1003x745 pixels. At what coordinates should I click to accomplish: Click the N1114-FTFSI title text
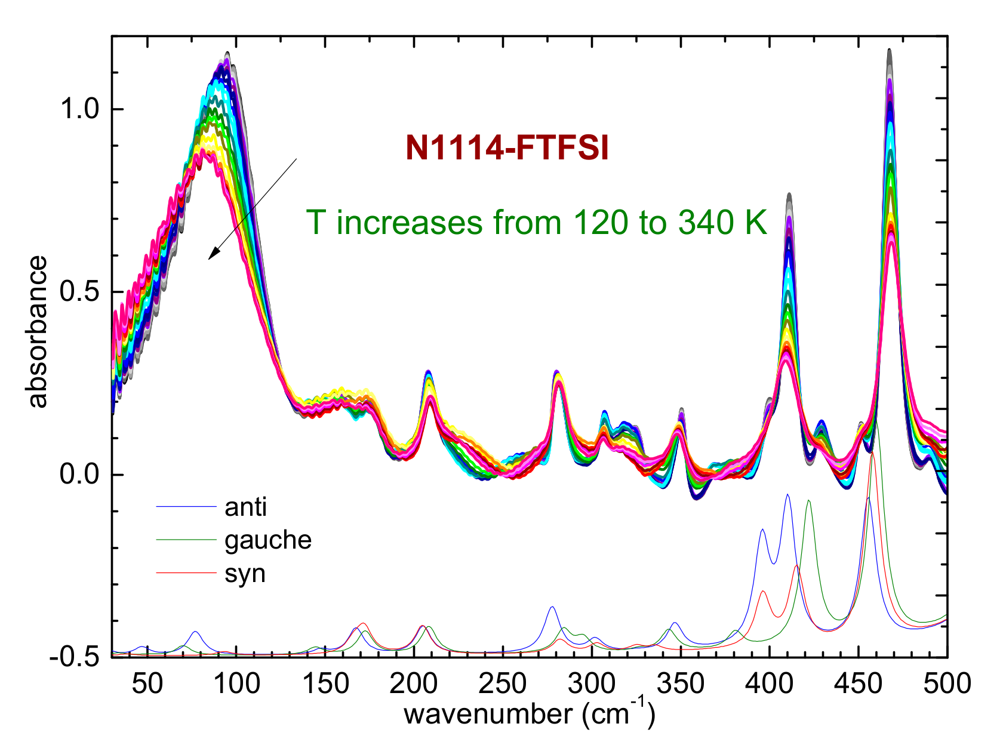(x=507, y=148)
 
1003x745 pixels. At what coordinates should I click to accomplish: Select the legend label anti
(x=245, y=507)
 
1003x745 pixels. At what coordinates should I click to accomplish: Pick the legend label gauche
(x=268, y=540)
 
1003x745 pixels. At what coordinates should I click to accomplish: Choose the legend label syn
(x=245, y=574)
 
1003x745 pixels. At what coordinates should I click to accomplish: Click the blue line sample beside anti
(x=186, y=507)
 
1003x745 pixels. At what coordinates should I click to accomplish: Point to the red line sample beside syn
(x=186, y=574)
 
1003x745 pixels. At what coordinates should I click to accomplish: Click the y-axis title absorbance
(x=37, y=332)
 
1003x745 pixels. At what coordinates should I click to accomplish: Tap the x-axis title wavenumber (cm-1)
(x=529, y=713)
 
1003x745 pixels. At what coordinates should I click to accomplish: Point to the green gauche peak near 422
(x=808, y=501)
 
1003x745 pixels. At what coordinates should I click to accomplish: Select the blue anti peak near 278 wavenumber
(x=552, y=608)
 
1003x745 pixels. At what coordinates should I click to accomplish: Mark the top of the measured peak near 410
(x=788, y=195)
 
